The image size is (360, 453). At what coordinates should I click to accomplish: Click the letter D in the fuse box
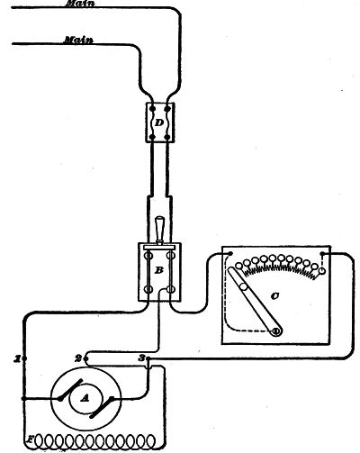pos(160,122)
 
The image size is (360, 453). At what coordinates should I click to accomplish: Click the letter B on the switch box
pos(158,270)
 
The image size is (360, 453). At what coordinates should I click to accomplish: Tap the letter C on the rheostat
pos(274,296)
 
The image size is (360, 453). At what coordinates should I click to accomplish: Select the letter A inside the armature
pos(85,398)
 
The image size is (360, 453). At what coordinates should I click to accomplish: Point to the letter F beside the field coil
pos(30,439)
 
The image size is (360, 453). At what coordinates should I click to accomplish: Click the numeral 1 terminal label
pos(18,358)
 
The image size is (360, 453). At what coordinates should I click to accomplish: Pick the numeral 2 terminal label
pos(78,358)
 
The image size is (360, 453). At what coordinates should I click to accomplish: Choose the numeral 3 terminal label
pos(141,358)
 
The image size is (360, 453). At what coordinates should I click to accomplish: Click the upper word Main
pos(80,4)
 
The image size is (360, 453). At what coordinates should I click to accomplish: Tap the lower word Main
pos(78,40)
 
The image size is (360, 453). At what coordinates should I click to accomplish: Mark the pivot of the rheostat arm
pos(275,331)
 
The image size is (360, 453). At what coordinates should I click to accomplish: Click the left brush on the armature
pos(70,389)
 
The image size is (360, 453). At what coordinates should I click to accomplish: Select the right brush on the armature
pos(102,407)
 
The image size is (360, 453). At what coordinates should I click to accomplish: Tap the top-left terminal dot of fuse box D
pos(152,108)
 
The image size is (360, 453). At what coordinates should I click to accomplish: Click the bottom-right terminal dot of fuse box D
pos(167,138)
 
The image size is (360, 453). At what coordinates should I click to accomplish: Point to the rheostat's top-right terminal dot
pos(322,254)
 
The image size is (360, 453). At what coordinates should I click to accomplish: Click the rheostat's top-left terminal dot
pos(230,254)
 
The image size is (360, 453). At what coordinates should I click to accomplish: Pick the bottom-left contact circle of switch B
pos(148,290)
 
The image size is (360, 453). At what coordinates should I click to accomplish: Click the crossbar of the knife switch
pos(159,247)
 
